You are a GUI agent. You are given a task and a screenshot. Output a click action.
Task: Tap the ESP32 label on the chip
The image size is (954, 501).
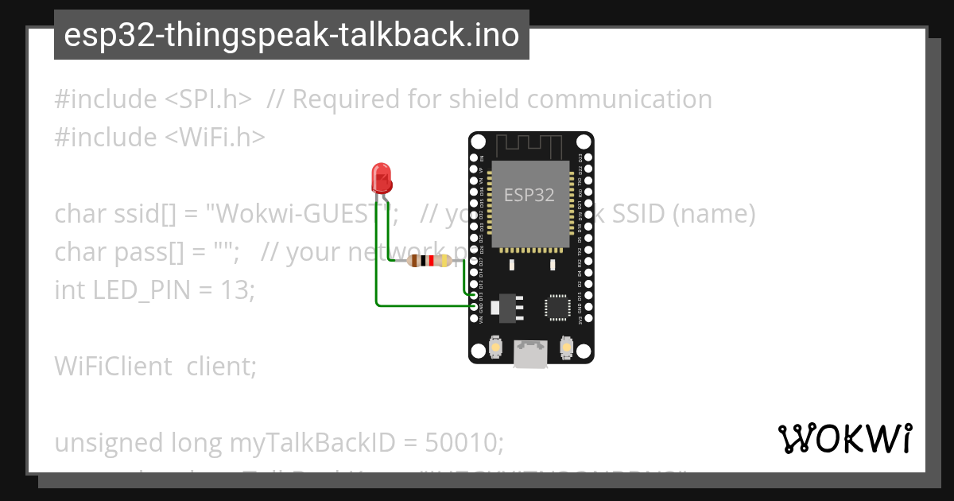click(529, 194)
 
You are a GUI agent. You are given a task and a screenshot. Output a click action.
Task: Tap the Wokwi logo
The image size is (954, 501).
click(845, 438)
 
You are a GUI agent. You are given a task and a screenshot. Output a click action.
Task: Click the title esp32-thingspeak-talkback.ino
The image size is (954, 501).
click(291, 35)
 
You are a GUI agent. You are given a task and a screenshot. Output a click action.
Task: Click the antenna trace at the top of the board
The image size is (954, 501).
click(529, 146)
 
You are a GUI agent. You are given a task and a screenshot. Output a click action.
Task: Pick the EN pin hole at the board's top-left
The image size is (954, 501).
click(475, 158)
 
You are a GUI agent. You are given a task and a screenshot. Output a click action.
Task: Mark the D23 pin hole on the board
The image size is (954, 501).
click(586, 158)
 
